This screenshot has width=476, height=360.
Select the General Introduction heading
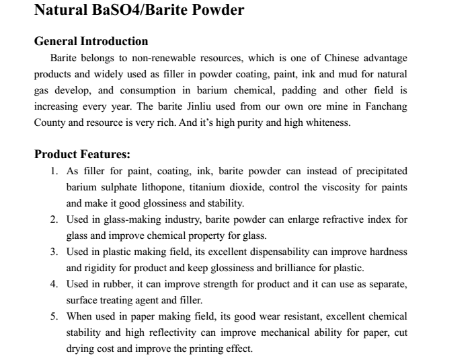click(x=91, y=42)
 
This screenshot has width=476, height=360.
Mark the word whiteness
click(x=327, y=123)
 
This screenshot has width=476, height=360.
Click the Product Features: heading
click(x=82, y=154)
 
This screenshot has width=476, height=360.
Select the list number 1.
click(x=54, y=171)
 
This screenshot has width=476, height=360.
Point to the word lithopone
click(x=164, y=187)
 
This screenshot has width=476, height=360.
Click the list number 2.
click(x=54, y=219)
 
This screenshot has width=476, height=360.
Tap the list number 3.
click(x=54, y=252)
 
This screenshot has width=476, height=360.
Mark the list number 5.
click(x=54, y=316)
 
